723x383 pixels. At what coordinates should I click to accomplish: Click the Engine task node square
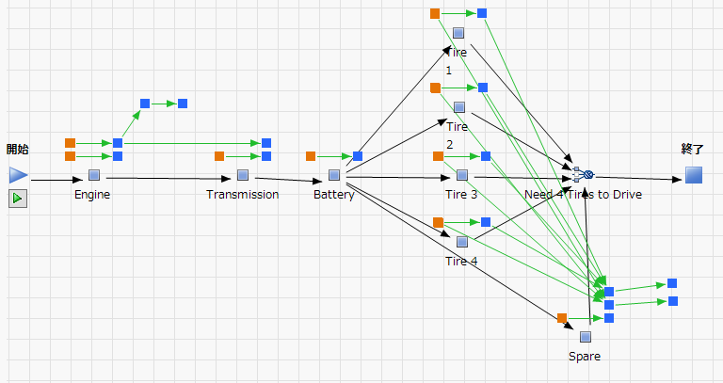point(93,174)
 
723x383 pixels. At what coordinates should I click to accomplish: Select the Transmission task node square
point(243,174)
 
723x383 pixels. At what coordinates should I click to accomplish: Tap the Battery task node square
point(334,174)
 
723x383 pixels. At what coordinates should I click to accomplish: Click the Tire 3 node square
point(462,174)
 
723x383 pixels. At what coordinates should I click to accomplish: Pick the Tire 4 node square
point(462,242)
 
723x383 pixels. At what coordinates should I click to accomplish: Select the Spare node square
point(586,336)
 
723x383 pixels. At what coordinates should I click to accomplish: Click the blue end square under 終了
point(694,174)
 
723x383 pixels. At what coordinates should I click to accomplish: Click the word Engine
point(92,195)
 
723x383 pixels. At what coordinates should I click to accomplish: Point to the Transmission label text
point(243,195)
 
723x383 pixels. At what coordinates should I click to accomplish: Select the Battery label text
point(334,195)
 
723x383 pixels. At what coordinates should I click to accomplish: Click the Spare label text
point(585,357)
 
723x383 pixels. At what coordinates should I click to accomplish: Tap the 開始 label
point(18,149)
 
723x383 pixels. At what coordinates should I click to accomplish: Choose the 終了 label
point(693,149)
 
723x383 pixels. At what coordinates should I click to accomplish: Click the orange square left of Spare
point(562,318)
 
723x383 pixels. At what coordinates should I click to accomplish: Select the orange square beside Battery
point(311,156)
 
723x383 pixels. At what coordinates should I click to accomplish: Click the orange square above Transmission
point(219,156)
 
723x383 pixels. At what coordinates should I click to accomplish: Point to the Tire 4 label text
point(461,261)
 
